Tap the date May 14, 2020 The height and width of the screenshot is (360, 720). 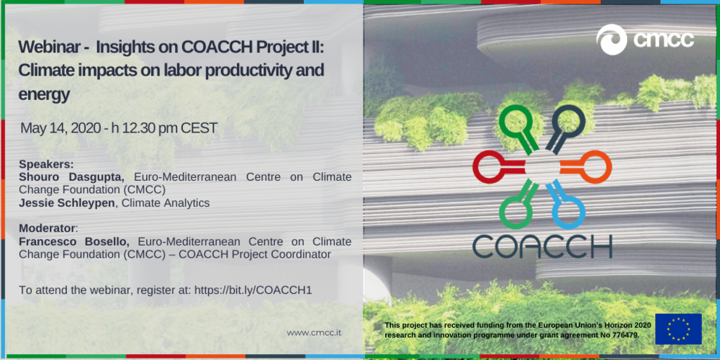[60, 129]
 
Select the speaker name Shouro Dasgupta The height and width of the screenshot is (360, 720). [71, 177]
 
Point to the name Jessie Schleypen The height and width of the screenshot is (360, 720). [67, 203]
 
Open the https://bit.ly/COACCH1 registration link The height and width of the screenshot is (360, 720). [253, 290]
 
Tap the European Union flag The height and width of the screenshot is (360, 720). [678, 329]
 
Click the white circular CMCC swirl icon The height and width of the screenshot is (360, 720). [611, 40]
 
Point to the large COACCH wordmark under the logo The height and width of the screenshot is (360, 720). [542, 246]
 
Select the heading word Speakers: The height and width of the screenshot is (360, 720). [46, 164]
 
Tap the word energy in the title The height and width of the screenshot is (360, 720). [45, 94]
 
